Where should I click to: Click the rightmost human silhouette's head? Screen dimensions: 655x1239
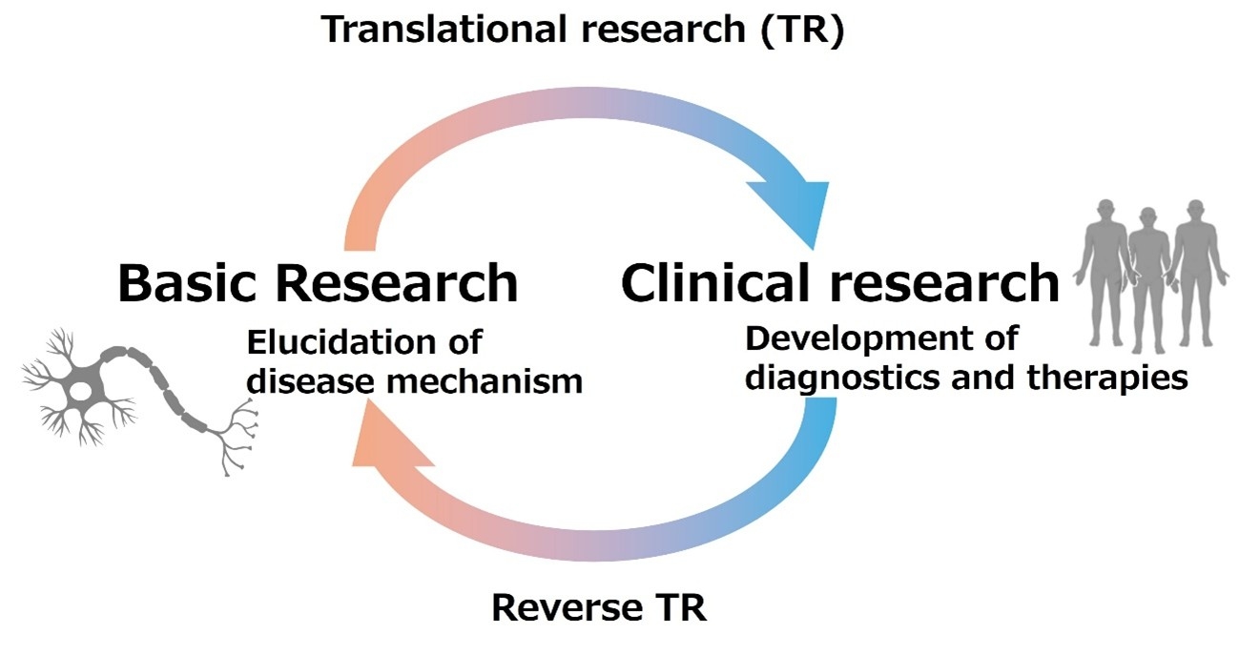[1193, 211]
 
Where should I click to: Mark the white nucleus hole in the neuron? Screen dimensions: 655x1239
[83, 391]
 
